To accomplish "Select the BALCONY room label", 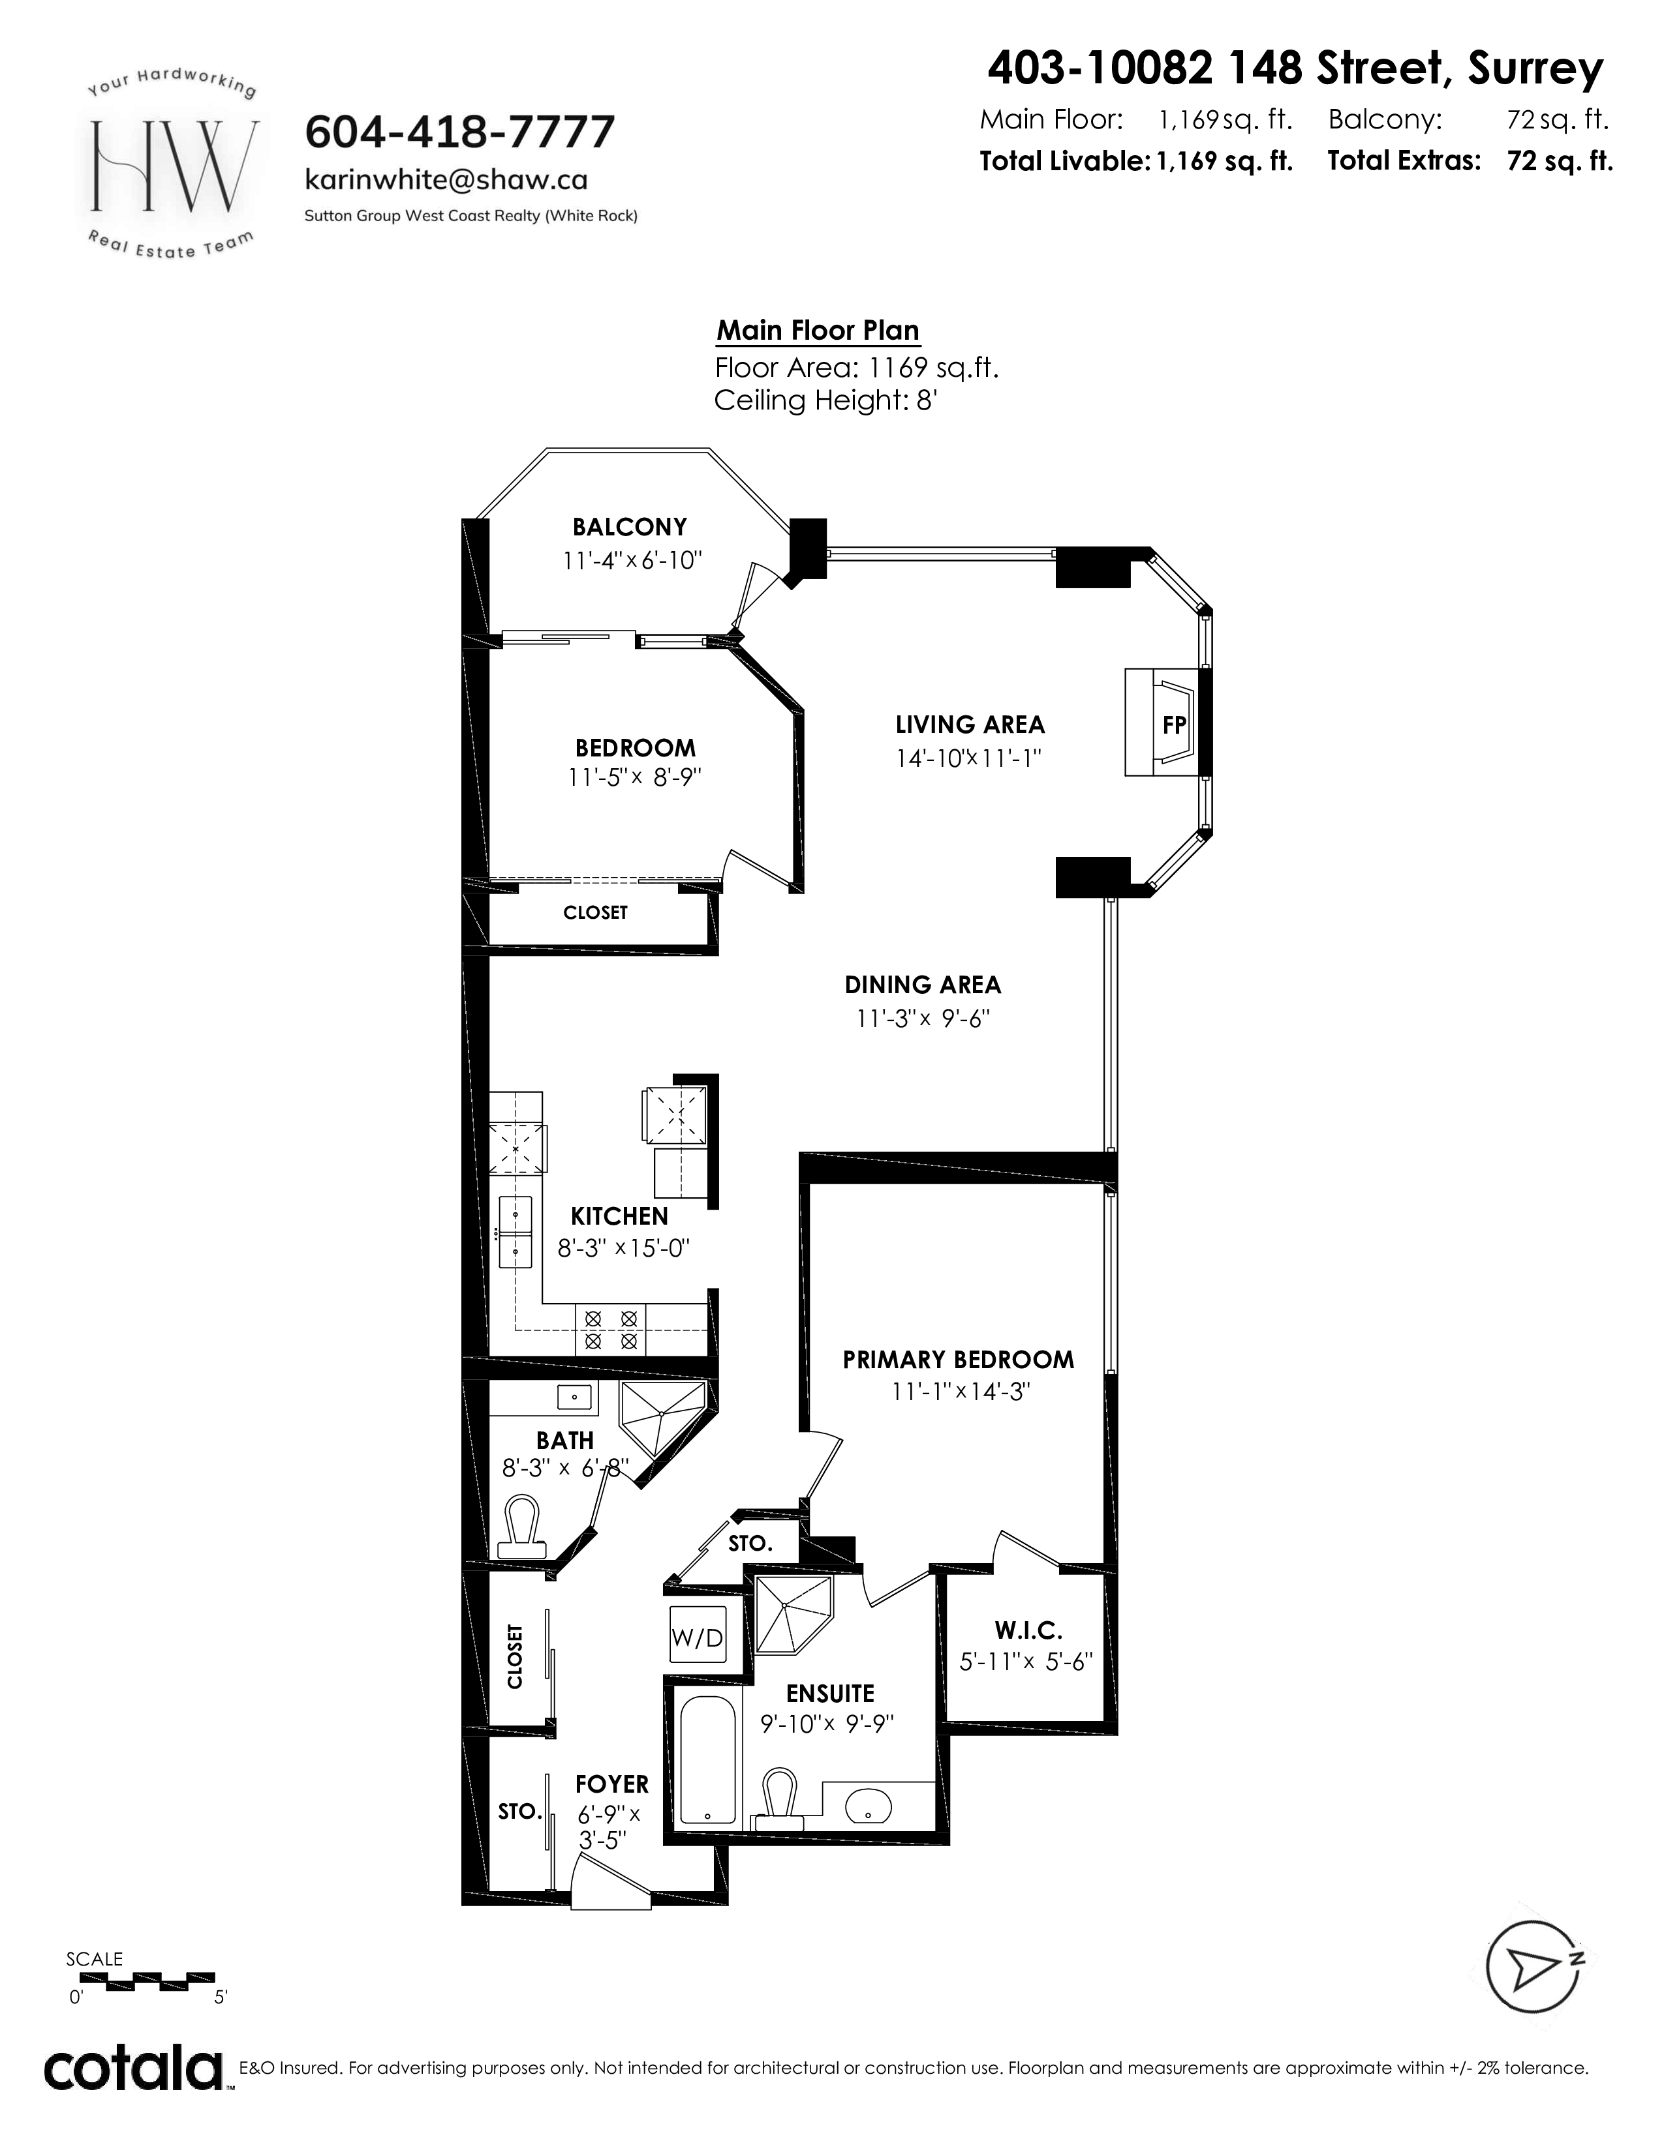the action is (630, 527).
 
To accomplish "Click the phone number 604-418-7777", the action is (460, 131).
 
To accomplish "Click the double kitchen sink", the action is (515, 1232).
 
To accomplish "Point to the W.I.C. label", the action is (1028, 1631).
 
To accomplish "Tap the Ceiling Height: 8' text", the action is (824, 401).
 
